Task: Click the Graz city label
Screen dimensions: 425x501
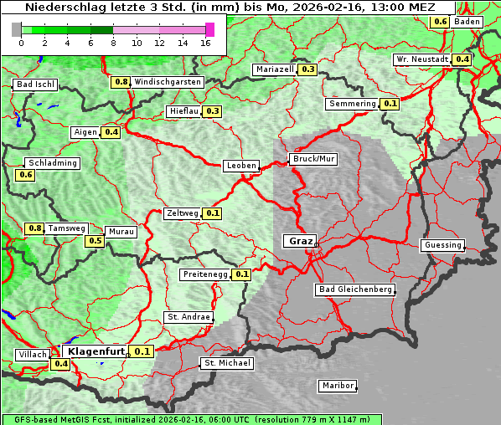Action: click(300, 241)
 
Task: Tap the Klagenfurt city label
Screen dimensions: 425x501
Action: click(96, 351)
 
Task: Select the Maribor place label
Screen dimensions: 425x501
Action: click(338, 386)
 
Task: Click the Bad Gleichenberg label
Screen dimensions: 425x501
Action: click(354, 289)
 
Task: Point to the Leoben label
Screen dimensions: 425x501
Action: click(241, 166)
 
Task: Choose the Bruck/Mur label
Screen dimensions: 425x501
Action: click(312, 159)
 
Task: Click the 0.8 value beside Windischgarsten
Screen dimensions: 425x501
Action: click(121, 82)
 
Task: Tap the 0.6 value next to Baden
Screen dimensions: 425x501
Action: click(441, 21)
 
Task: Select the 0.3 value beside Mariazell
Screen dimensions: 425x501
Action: click(307, 69)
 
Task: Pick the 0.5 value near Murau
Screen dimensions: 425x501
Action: click(96, 241)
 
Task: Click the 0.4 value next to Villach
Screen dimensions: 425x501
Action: click(61, 364)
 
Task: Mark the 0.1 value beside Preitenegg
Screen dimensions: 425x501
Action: click(242, 274)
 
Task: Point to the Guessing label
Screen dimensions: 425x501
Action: click(442, 245)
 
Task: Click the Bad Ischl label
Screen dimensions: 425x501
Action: click(35, 84)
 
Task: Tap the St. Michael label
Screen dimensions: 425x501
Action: click(226, 363)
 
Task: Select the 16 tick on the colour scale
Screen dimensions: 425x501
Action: click(206, 43)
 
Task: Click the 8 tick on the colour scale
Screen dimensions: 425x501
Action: click(113, 43)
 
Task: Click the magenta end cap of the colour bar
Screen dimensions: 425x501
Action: click(209, 29)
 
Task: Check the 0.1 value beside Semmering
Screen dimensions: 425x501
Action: click(390, 104)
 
